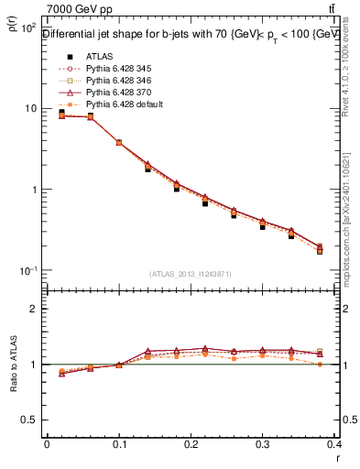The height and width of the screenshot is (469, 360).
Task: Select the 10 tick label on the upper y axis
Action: point(27,108)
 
